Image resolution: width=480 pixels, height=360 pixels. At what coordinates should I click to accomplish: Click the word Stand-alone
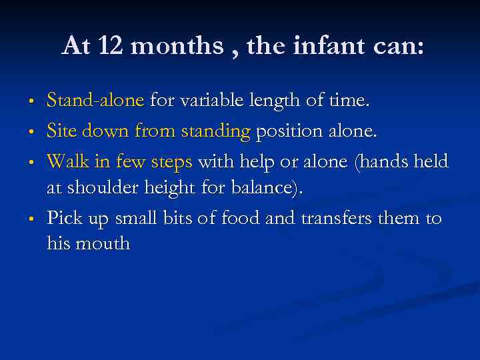coord(95,101)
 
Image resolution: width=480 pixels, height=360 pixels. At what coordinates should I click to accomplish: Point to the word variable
coord(207,101)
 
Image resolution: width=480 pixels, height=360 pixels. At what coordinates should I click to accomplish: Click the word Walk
coord(65,162)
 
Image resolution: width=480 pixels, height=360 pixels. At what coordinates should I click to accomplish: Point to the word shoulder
coord(106,188)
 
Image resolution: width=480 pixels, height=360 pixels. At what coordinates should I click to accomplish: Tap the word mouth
coord(104,243)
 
